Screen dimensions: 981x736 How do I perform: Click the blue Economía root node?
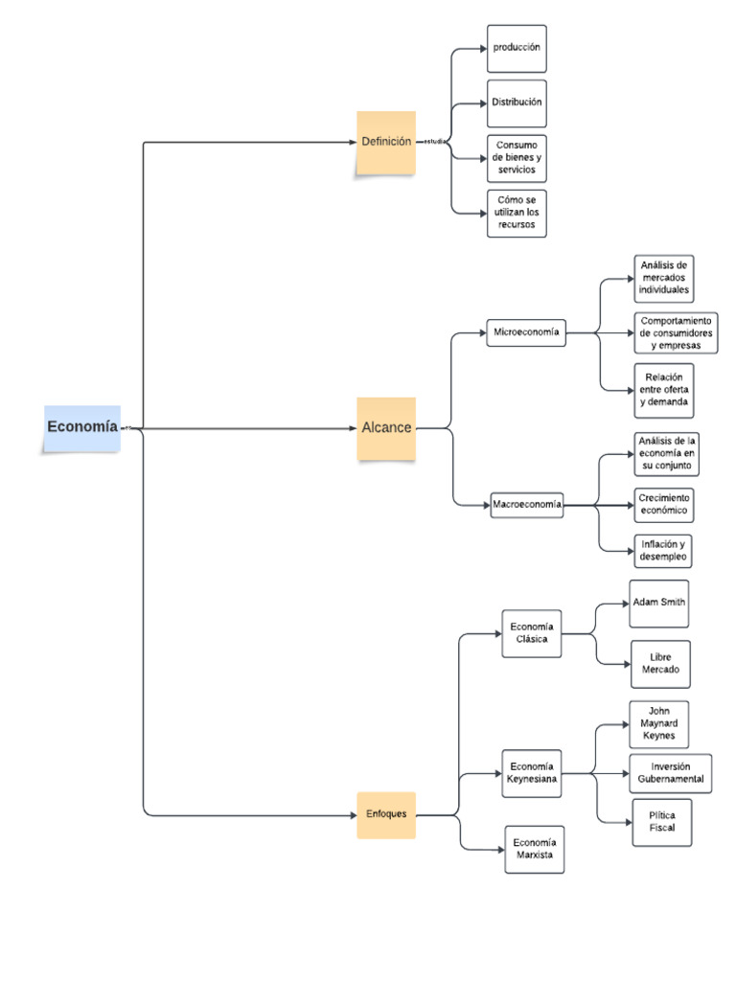coord(82,427)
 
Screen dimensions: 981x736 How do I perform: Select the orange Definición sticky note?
coord(386,142)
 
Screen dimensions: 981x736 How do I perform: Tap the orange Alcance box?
coord(386,428)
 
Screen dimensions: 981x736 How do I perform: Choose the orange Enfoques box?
coord(386,814)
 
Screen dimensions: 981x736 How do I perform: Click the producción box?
coord(517,49)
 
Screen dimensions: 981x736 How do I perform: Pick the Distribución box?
coord(517,103)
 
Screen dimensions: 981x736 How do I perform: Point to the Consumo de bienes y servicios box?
coord(517,157)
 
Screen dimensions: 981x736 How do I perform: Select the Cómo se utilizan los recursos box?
coord(517,213)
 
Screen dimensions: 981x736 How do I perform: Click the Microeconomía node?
coord(525,332)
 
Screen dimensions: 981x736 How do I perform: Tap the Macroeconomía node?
coord(527,504)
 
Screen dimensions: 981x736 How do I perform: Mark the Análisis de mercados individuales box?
coord(664,278)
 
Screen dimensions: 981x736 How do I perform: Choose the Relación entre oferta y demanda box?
coord(663,390)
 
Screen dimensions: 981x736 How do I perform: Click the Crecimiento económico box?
coord(664,505)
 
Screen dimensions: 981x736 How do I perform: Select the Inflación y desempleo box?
coord(663,551)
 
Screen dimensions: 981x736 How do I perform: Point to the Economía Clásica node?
coord(532,633)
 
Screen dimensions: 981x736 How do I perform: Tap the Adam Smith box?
coord(658,604)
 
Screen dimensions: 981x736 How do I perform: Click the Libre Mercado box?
coord(660,664)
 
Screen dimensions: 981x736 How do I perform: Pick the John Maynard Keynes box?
coord(658,724)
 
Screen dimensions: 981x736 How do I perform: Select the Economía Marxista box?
coord(535,849)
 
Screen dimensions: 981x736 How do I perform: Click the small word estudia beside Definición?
coord(436,142)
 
